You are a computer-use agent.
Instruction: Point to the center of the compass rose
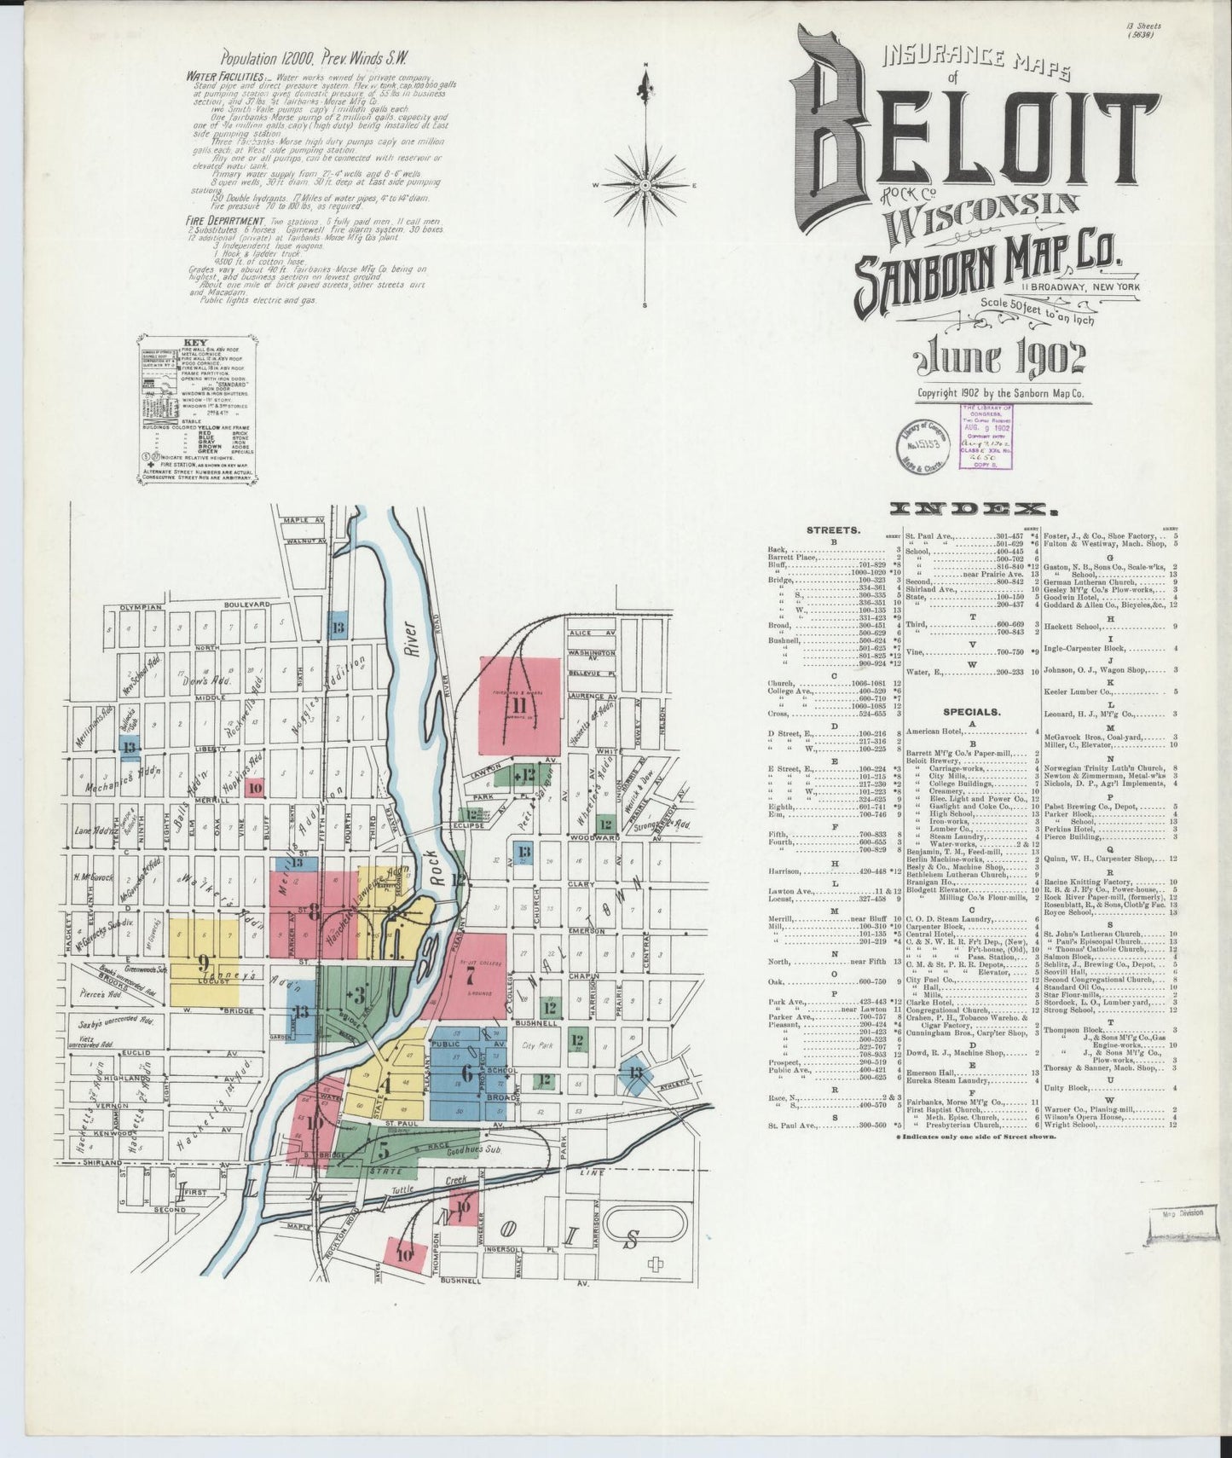click(645, 185)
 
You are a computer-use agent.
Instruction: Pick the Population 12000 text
click(267, 59)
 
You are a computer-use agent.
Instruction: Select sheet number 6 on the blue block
click(466, 1073)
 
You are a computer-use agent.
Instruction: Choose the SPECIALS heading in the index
click(971, 711)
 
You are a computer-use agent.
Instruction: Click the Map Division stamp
click(1179, 1214)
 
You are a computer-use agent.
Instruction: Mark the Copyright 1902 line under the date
click(999, 394)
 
